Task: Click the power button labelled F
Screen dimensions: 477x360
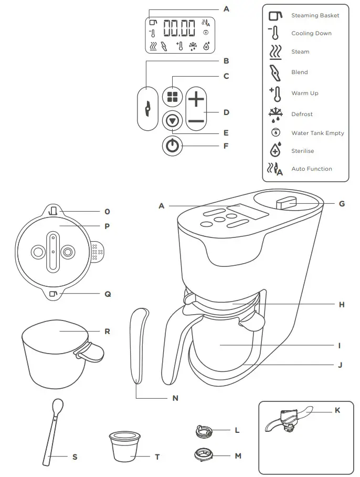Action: point(172,146)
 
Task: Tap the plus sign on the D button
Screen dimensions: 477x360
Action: point(195,98)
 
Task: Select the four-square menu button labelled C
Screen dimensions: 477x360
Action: point(172,96)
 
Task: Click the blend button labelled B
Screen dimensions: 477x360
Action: point(147,108)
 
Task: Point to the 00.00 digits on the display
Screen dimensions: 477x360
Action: point(179,28)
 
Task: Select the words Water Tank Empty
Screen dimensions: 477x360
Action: point(317,133)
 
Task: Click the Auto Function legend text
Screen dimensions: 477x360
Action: point(312,169)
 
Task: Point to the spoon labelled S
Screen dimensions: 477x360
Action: point(52,431)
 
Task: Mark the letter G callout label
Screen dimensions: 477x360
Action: point(342,204)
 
